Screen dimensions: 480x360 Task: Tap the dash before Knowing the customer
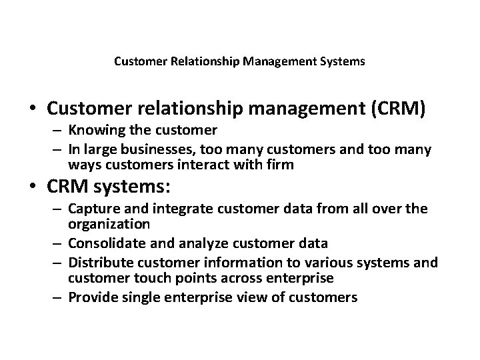pyautogui.click(x=58, y=129)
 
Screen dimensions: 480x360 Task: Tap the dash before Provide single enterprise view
pyautogui.click(x=58, y=297)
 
